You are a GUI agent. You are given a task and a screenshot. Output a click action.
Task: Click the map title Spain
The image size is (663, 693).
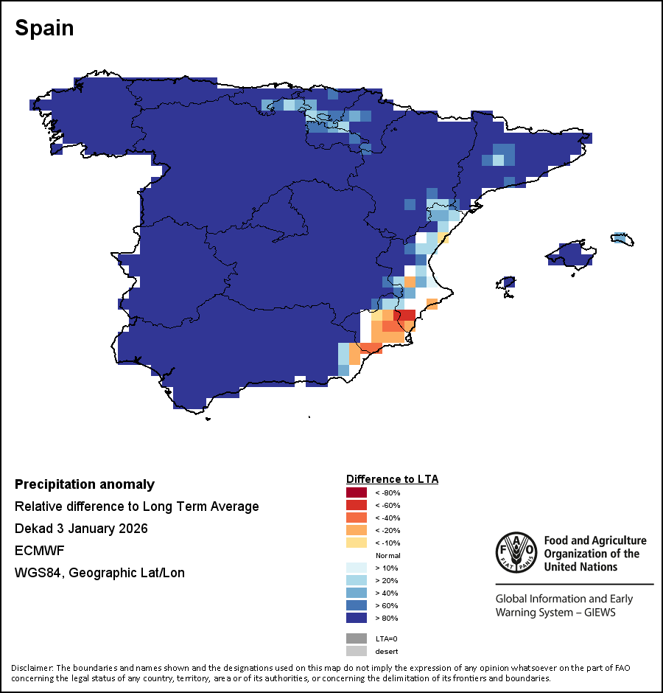click(44, 29)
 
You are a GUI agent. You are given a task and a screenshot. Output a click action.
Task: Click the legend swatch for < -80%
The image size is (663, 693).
click(357, 492)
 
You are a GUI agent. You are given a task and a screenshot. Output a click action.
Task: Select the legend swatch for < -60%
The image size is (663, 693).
click(357, 505)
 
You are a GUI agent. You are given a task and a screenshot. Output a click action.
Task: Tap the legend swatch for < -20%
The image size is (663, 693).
click(357, 530)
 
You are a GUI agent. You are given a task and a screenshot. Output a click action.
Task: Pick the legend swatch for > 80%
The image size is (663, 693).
click(357, 618)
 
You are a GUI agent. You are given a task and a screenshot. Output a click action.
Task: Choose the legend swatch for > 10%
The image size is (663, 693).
click(357, 568)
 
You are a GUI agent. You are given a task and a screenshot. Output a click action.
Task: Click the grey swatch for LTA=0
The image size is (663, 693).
click(357, 638)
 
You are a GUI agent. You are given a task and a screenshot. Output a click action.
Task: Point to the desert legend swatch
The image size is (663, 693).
click(357, 651)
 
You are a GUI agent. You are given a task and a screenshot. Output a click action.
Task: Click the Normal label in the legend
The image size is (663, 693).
click(387, 555)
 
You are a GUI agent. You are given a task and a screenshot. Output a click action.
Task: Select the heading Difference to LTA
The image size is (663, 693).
click(392, 479)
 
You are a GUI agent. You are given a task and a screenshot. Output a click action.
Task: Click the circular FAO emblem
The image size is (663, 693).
click(516, 553)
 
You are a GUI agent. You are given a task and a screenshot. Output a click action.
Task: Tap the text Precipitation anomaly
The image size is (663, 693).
click(85, 484)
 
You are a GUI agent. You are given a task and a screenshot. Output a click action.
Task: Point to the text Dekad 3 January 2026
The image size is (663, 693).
click(81, 529)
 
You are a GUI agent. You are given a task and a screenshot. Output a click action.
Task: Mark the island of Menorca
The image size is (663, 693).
click(622, 238)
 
